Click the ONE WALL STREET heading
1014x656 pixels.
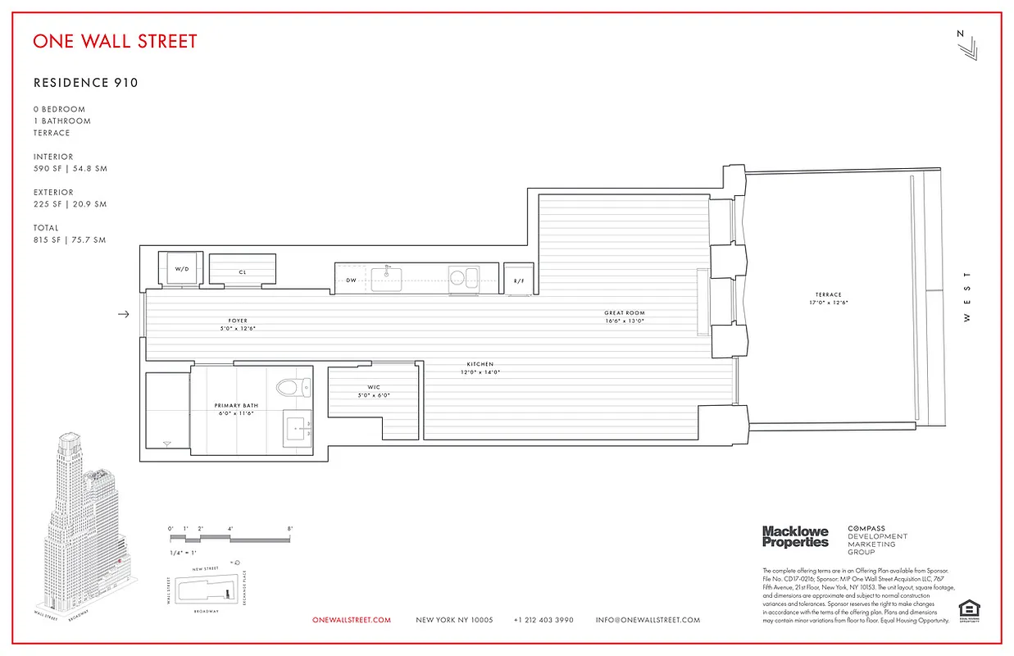point(115,41)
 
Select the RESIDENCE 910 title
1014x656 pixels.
point(85,83)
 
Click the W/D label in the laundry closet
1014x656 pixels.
point(181,269)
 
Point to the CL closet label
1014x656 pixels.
point(243,272)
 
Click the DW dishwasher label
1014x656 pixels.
point(351,280)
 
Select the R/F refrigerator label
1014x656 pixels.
point(518,281)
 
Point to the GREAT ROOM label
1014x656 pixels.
point(625,313)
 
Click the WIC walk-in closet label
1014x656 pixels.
point(373,387)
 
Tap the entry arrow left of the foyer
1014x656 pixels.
point(124,314)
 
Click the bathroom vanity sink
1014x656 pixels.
point(298,427)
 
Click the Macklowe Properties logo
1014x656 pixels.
point(795,537)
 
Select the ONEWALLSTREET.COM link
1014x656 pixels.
point(352,620)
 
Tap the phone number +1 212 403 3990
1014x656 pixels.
point(543,620)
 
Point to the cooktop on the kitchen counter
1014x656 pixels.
point(462,277)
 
